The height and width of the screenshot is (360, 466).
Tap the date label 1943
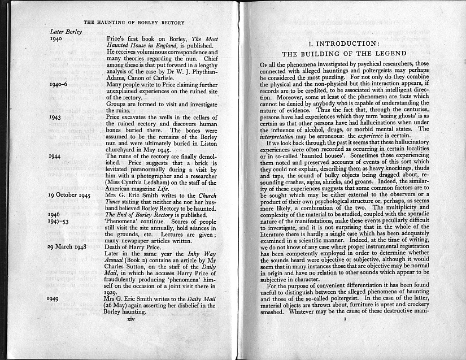click(x=55, y=118)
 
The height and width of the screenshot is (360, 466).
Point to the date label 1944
click(x=55, y=156)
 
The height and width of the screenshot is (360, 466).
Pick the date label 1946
click(x=55, y=215)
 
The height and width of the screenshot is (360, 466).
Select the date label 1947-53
click(x=59, y=222)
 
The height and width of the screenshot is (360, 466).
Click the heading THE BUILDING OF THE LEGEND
click(x=345, y=54)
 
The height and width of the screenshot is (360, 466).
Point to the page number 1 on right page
click(x=345, y=319)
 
